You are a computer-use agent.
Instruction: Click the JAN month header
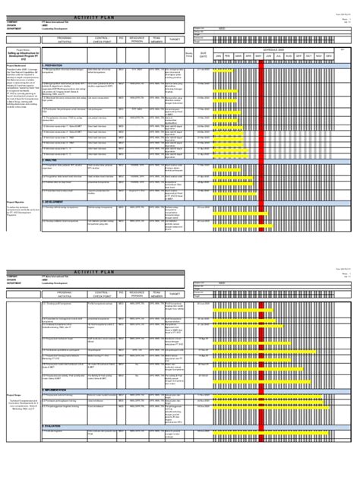coord(219,55)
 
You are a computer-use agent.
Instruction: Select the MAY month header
coord(258,55)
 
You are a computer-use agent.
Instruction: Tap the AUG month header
coord(288,55)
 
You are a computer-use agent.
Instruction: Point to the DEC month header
coord(328,55)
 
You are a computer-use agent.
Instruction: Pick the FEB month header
coord(229,55)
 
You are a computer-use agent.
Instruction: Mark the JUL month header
coord(278,55)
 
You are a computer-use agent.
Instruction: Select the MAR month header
coord(238,55)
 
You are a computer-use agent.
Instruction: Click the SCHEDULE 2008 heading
coord(273,47)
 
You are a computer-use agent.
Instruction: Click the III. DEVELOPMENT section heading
coord(60,201)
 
